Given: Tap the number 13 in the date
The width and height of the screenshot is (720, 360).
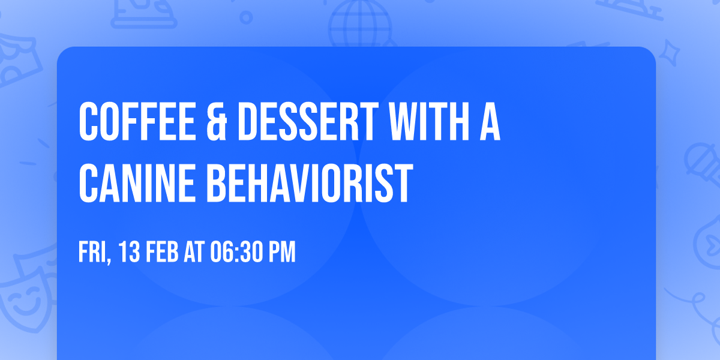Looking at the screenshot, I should coord(129,253).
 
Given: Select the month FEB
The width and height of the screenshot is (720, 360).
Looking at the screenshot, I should coord(161,253).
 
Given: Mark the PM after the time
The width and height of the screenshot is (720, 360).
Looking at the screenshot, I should coord(281,253).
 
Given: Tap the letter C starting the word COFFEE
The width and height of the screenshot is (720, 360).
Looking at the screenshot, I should coord(88,122).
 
